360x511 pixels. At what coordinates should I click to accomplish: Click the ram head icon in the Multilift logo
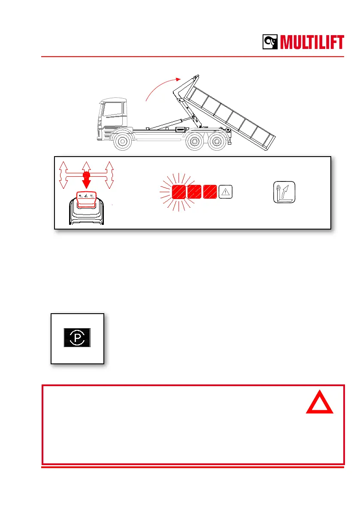[271, 42]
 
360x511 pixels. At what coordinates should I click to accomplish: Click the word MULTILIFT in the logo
[312, 43]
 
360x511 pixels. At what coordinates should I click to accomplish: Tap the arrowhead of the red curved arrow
[177, 79]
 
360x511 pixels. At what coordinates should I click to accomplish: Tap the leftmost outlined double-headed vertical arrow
[63, 175]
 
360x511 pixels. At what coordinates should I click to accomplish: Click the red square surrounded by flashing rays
[178, 192]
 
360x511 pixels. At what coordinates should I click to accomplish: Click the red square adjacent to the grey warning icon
[210, 192]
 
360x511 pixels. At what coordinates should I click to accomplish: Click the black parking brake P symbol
[77, 338]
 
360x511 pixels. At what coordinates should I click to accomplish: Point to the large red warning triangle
[320, 405]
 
